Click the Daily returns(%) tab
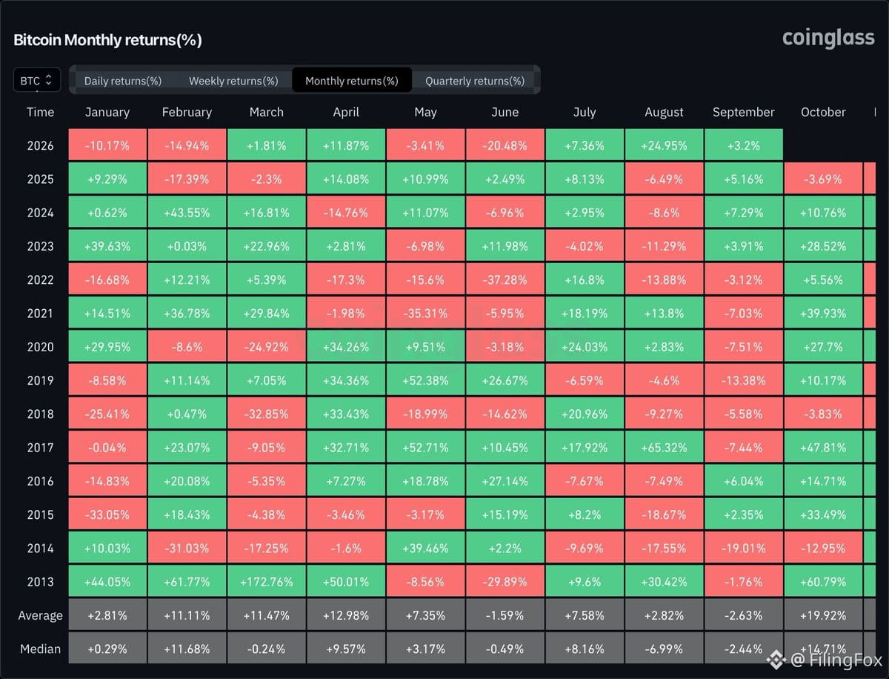(x=123, y=81)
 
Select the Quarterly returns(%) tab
(x=475, y=81)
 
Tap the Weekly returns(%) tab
(x=233, y=81)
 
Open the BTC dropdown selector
(x=37, y=80)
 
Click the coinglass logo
(x=828, y=39)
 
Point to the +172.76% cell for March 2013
(x=267, y=581)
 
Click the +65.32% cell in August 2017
(x=664, y=447)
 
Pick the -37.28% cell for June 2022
(x=505, y=279)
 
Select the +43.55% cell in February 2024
(x=187, y=212)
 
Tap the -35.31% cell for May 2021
(x=425, y=313)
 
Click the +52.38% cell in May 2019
(x=425, y=380)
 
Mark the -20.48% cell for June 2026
(x=505, y=145)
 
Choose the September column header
(x=743, y=112)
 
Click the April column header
(x=346, y=112)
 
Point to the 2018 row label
(x=40, y=414)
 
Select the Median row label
(x=40, y=649)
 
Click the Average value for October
(x=823, y=615)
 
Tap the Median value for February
(x=187, y=649)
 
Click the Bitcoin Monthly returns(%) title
(x=107, y=40)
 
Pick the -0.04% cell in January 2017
(x=107, y=447)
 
